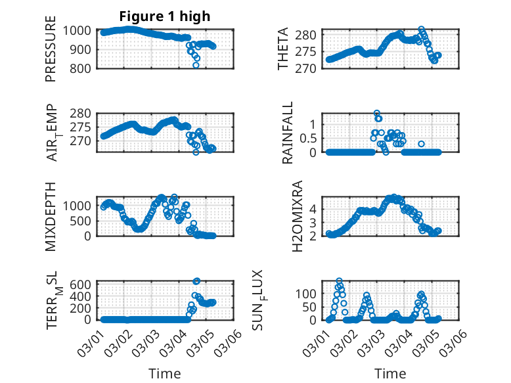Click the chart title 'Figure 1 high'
164,16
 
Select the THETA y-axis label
283,49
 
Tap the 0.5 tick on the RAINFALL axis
308,138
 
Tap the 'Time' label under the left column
164,373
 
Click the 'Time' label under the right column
390,373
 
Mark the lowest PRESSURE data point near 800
196,65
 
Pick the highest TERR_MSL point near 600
197,281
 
